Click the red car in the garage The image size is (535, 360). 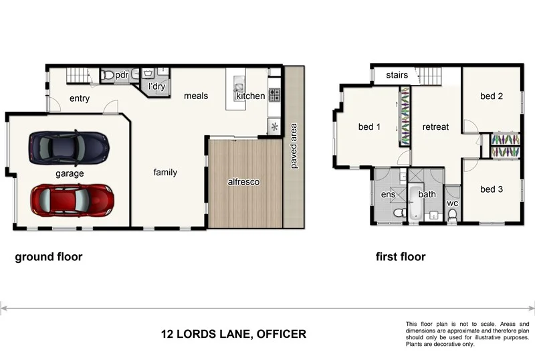(x=71, y=198)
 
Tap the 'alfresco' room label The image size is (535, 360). (x=243, y=181)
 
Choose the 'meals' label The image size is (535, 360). (x=196, y=96)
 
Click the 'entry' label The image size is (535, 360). (x=80, y=99)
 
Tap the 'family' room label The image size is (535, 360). (x=165, y=172)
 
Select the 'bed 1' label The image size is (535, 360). (x=370, y=126)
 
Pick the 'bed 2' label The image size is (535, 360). (x=492, y=96)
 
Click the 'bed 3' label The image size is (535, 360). (x=492, y=189)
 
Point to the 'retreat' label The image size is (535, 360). (x=435, y=126)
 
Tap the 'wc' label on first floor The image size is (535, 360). (x=453, y=203)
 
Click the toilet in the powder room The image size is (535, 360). (x=108, y=75)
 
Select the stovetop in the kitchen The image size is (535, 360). (x=274, y=95)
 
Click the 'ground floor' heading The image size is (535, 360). (x=49, y=257)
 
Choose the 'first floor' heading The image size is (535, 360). (x=401, y=256)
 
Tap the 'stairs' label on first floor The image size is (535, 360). (x=397, y=76)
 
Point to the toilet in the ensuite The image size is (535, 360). (x=399, y=213)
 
